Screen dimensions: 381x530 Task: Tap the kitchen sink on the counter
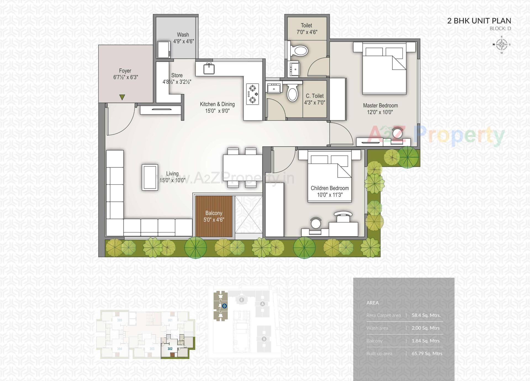click(x=209, y=68)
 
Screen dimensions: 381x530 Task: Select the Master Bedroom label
click(x=380, y=106)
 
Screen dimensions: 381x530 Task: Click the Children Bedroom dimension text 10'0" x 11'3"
click(x=330, y=195)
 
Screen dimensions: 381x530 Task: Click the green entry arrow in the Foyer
click(x=122, y=97)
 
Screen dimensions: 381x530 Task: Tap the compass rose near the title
click(x=502, y=44)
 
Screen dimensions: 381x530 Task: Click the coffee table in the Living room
click(x=150, y=177)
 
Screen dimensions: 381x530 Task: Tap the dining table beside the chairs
click(x=242, y=168)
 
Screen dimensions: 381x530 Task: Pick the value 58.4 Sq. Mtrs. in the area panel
click(x=426, y=315)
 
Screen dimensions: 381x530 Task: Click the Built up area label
click(x=379, y=353)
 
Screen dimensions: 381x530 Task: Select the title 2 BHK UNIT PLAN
click(x=479, y=21)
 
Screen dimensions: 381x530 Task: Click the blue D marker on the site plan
click(x=224, y=306)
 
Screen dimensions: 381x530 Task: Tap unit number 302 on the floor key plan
click(x=170, y=349)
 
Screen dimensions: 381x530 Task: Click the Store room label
click(x=177, y=75)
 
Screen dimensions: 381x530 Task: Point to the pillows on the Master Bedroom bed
click(x=384, y=52)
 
